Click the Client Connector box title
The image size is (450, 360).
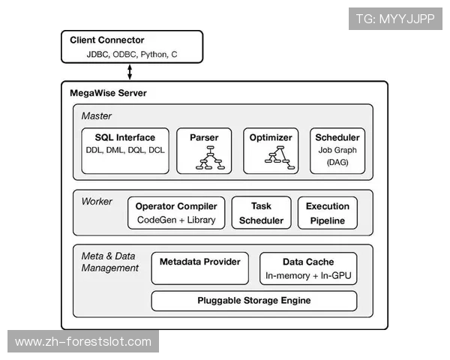[x=107, y=40]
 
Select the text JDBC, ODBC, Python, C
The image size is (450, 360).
[x=132, y=55]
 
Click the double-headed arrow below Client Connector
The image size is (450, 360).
[x=130, y=72]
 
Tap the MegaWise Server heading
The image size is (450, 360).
[x=108, y=94]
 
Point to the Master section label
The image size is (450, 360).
[x=96, y=116]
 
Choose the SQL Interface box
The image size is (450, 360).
[x=125, y=150]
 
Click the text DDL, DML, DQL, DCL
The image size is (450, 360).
[x=125, y=150]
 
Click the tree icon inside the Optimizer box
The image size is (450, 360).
[x=275, y=156]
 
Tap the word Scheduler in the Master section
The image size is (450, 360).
[x=337, y=138]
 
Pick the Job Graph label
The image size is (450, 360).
[x=337, y=150]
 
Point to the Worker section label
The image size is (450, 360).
[x=97, y=202]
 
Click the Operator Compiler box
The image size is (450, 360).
[x=176, y=213]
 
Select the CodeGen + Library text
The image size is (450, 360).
[x=176, y=220]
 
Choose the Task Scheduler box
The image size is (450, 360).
[x=261, y=213]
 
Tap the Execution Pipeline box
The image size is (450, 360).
[x=327, y=213]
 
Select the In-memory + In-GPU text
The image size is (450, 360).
[x=308, y=276]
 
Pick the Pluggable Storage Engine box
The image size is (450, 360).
[x=253, y=301]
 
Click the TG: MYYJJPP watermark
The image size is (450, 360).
[x=395, y=19]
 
